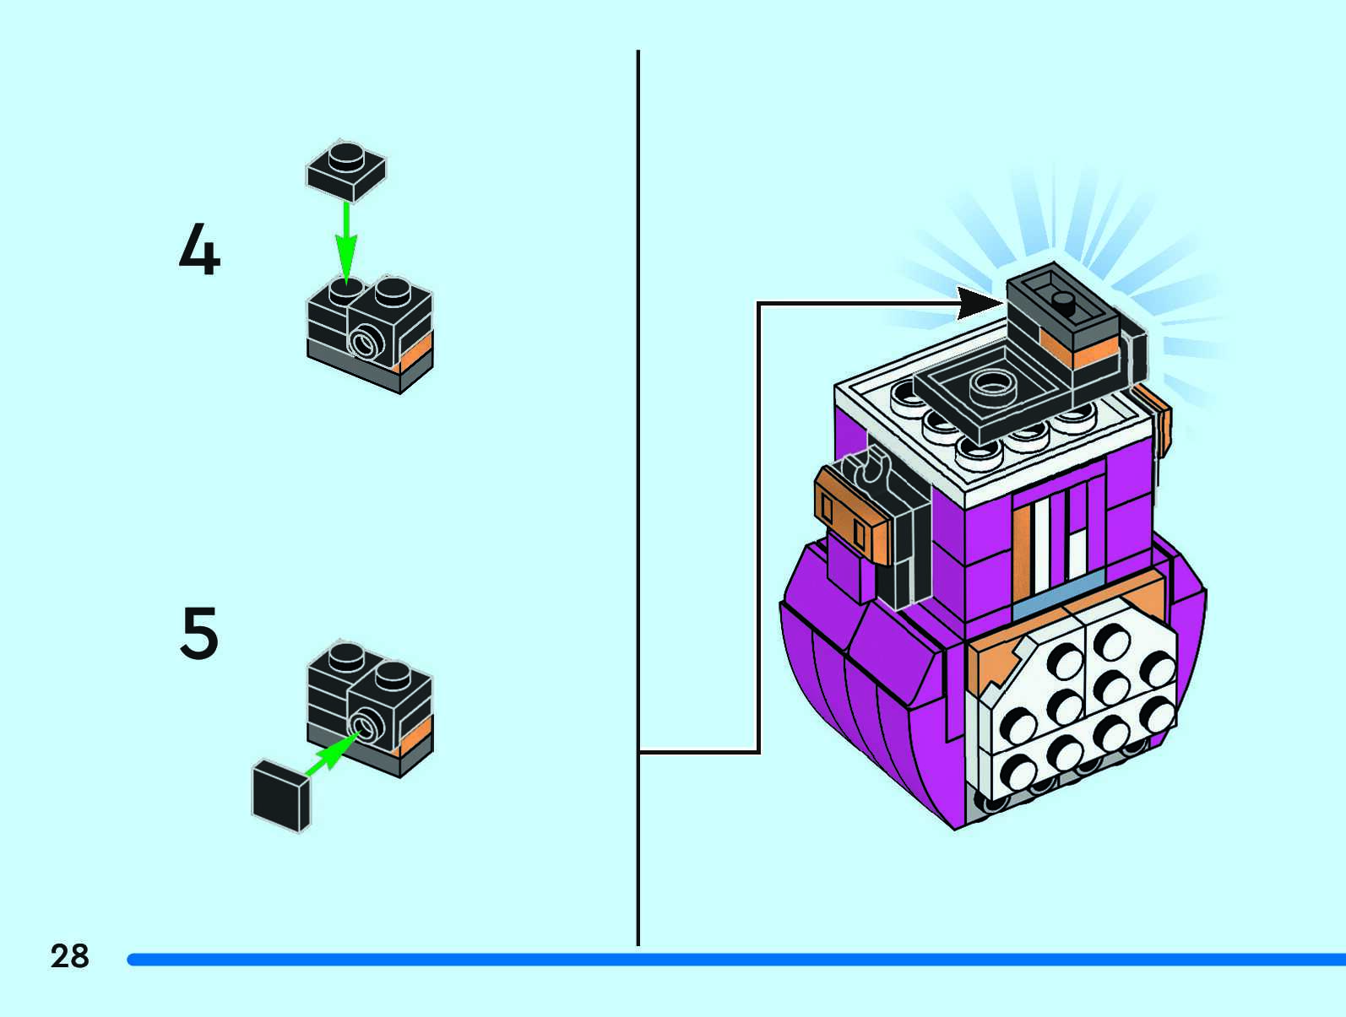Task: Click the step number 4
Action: (x=199, y=250)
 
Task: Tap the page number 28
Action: (x=69, y=956)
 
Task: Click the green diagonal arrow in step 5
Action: (x=330, y=754)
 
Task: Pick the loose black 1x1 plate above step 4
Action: (x=346, y=170)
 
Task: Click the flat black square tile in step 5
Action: (x=281, y=795)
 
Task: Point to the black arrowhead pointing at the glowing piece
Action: (x=980, y=303)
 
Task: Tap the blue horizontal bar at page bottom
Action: (x=735, y=960)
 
